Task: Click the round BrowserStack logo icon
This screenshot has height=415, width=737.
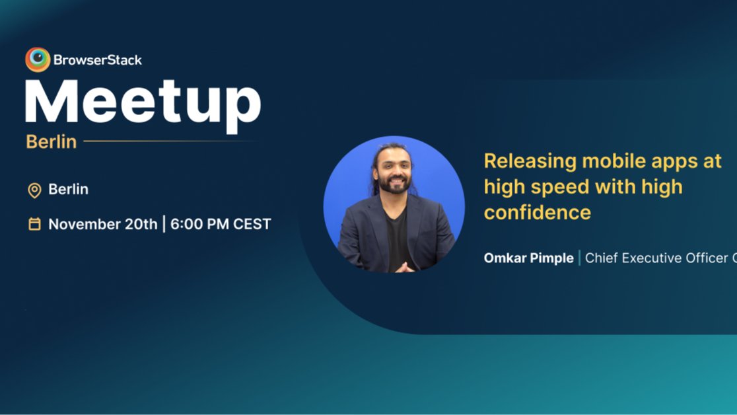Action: point(38,59)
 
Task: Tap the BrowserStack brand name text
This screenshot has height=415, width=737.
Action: point(98,60)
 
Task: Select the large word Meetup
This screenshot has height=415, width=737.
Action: point(143,102)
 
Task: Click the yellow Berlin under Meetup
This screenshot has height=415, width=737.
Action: point(52,141)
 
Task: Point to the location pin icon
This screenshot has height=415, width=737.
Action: point(34,190)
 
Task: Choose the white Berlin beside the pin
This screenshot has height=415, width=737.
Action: point(68,190)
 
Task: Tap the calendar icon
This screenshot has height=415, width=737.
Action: point(34,224)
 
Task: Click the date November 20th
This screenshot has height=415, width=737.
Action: point(102,224)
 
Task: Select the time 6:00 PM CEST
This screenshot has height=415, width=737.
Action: point(221,224)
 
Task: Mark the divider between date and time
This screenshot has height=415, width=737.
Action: point(164,224)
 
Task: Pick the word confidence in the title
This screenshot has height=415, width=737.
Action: point(537,213)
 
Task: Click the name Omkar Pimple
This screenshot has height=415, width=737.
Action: point(528,258)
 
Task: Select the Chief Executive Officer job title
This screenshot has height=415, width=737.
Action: point(660,258)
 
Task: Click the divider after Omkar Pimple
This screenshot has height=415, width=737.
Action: point(580,258)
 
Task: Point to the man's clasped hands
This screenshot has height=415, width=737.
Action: point(405,267)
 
